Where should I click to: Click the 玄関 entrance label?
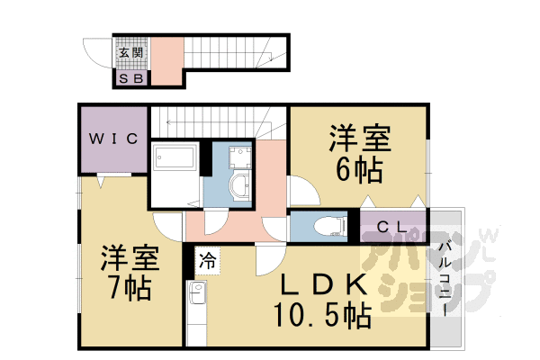click(x=130, y=52)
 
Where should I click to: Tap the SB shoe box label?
click(x=131, y=79)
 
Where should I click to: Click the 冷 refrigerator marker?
click(x=206, y=262)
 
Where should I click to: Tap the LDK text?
click(x=324, y=286)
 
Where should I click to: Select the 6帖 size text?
click(x=359, y=169)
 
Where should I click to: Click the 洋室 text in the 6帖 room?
click(x=359, y=140)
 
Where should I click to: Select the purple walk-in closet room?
click(x=112, y=139)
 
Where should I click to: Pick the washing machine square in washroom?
click(x=238, y=157)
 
